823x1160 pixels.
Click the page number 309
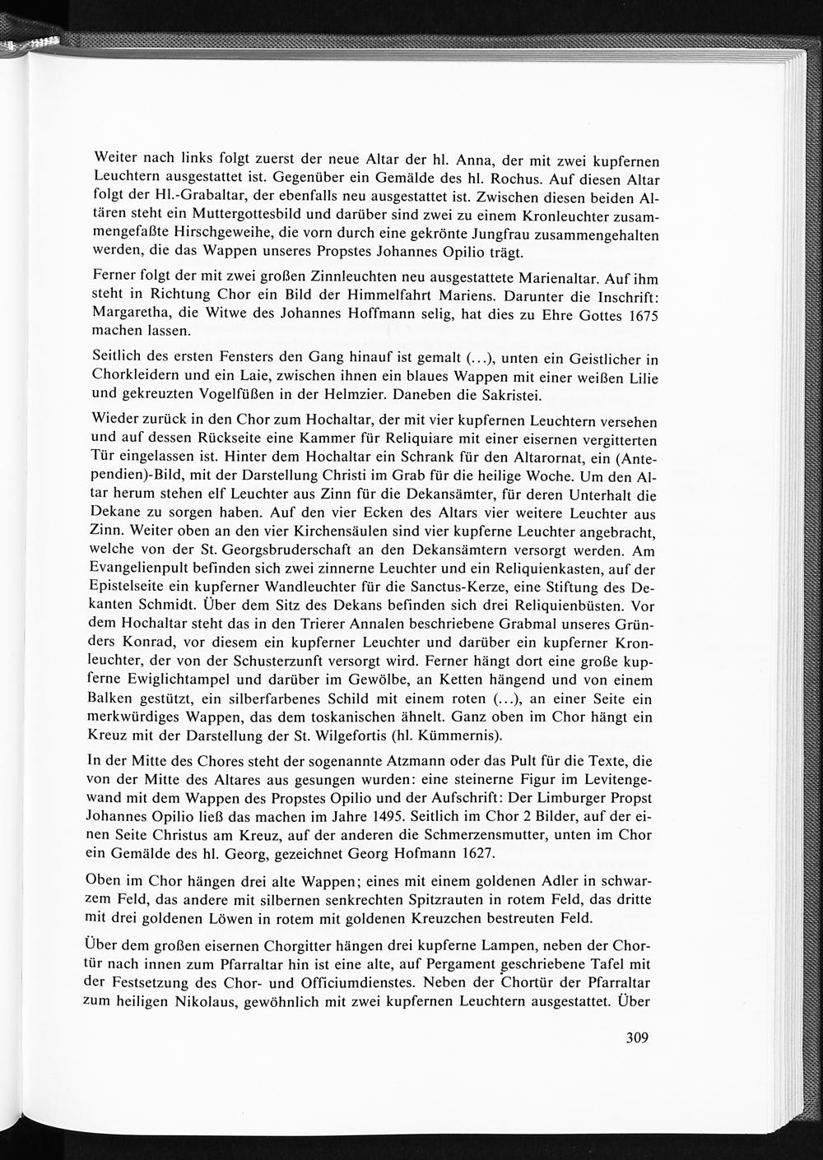pos(636,1037)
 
